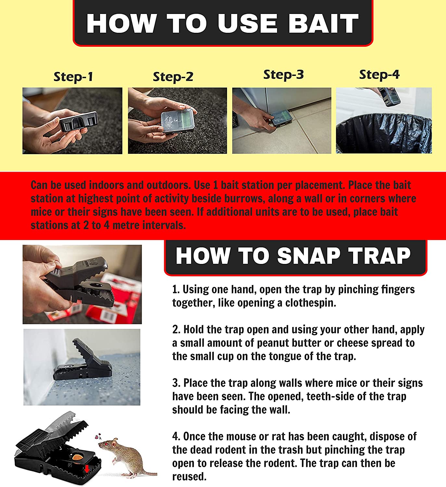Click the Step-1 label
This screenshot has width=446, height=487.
[73, 77]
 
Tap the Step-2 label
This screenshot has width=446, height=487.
[173, 77]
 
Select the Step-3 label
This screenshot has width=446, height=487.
[283, 75]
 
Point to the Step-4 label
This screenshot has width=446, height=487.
[379, 75]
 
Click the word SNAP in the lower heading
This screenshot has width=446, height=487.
[308, 256]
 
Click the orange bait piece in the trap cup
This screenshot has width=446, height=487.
[78, 457]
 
